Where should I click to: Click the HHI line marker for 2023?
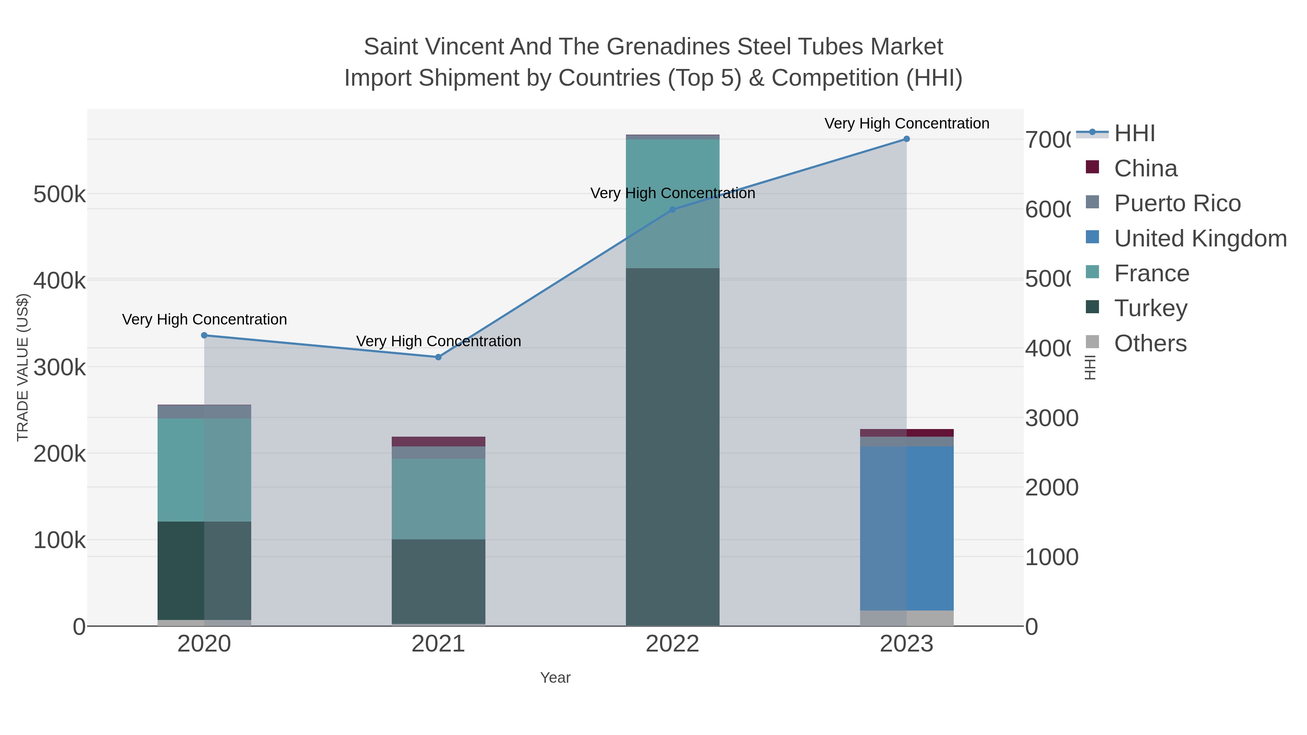(906, 139)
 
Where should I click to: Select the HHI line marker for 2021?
(438, 357)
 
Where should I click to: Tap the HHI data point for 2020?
(204, 335)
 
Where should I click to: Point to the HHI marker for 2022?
(672, 209)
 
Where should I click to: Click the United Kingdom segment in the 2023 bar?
(906, 527)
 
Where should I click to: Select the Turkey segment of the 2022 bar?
(672, 446)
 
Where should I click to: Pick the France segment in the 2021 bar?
(438, 499)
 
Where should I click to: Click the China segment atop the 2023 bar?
(906, 433)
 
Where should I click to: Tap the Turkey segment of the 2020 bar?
(204, 570)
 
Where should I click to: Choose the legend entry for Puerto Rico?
(1177, 203)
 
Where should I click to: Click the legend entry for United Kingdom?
(1200, 238)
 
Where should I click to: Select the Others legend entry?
(1150, 343)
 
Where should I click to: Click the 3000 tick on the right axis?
(1051, 418)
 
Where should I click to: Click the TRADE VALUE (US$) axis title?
(23, 367)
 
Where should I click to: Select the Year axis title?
(555, 678)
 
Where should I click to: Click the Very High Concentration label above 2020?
(204, 319)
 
